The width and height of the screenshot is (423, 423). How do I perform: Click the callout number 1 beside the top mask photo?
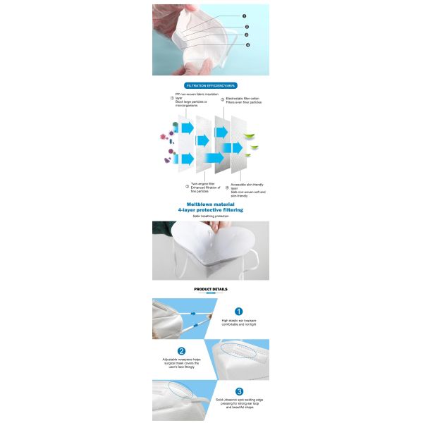pos(245,16)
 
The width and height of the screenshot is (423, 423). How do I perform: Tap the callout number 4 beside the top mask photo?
pos(247,44)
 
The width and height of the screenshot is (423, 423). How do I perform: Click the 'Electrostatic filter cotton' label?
pos(244,100)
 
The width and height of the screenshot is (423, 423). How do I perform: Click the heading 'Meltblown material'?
pos(211,202)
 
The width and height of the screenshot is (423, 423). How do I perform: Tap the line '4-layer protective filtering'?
pos(211,209)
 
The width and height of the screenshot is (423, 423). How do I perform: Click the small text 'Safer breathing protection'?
pos(211,216)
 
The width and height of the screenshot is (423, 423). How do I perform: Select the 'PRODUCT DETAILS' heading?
pos(211,289)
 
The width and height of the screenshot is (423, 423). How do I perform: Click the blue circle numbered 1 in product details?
pos(238,311)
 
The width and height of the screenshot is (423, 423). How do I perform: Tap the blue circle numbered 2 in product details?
pos(181,350)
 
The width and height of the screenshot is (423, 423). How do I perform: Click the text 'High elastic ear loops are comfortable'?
pos(238,323)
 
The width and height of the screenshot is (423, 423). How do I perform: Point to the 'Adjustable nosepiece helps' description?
pos(181,362)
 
